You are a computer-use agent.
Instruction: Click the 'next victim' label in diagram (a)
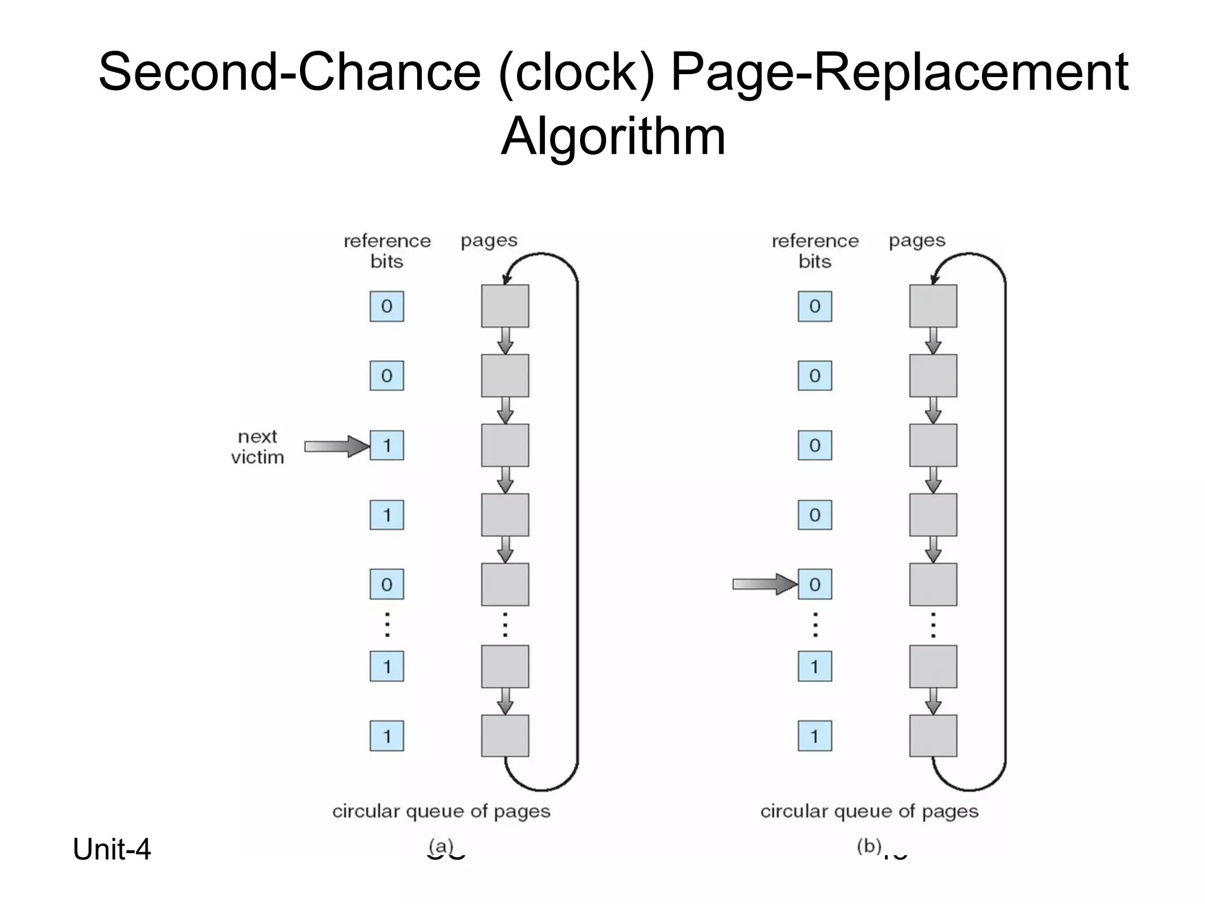257,447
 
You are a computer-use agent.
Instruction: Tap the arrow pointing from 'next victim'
336,446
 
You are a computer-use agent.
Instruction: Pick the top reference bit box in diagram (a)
387,306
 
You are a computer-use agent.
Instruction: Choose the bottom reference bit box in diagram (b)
814,736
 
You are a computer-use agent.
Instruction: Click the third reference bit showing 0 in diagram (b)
814,445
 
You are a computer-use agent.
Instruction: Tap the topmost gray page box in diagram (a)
505,306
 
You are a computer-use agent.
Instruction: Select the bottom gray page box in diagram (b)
933,736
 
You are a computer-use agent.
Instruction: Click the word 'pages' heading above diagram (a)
489,241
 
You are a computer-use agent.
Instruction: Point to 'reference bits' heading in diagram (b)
815,251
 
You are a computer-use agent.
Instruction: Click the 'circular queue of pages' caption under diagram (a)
441,811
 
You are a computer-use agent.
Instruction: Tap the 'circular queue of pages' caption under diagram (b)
869,811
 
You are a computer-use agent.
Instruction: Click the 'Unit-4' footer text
112,849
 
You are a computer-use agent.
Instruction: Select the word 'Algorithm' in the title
613,136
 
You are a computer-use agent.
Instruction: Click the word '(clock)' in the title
576,71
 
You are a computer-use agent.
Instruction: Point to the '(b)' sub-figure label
868,846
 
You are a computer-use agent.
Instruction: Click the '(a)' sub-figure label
441,846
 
